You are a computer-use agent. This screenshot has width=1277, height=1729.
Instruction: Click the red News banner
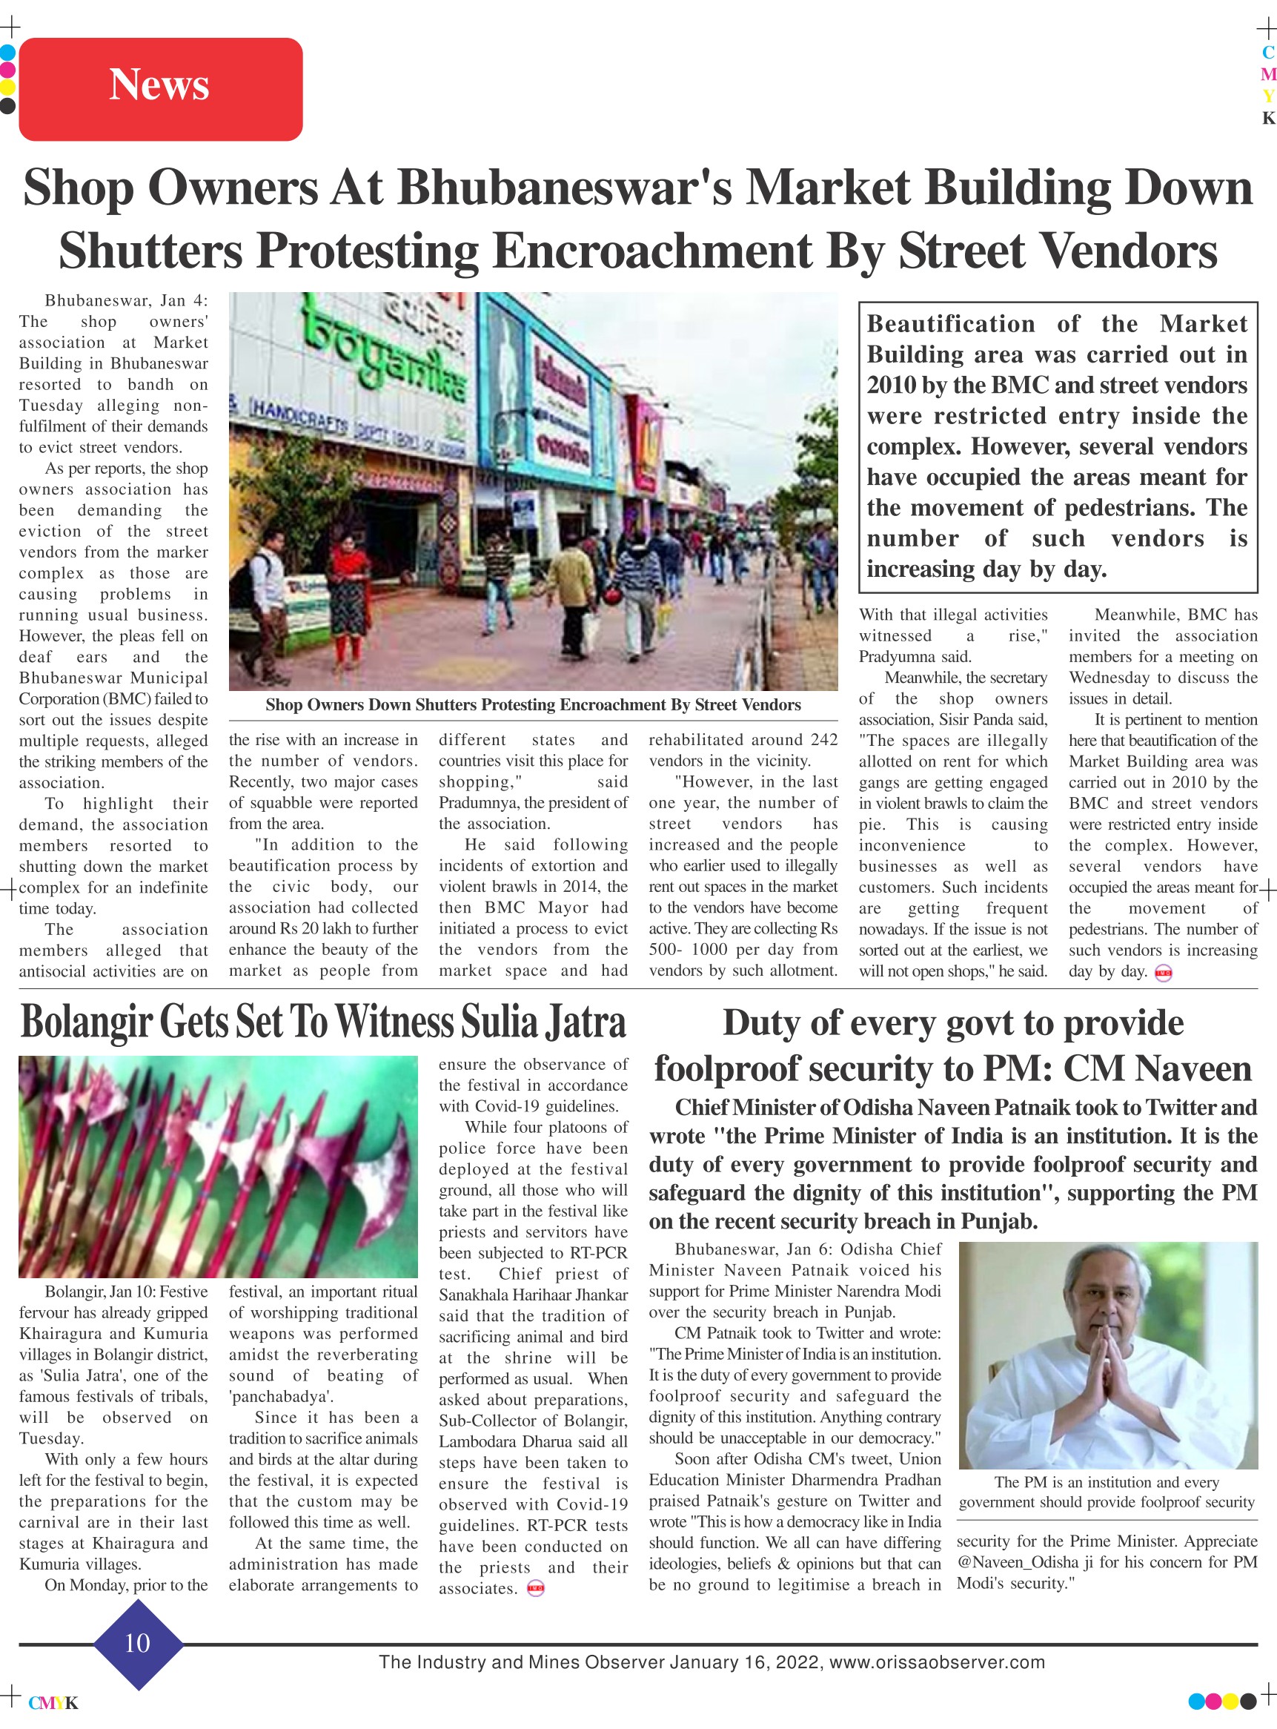160,88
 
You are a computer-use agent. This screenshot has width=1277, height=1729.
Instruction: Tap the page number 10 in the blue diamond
137,1643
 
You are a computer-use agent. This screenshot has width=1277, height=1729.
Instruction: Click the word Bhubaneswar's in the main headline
565,188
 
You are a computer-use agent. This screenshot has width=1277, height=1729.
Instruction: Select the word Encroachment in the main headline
651,251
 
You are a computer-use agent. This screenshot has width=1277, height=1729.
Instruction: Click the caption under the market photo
533,704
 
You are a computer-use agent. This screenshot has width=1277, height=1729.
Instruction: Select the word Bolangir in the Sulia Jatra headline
86,1022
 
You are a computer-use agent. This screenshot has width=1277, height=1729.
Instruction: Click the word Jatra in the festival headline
586,1022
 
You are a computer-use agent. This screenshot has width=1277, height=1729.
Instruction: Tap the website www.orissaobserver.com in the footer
937,1662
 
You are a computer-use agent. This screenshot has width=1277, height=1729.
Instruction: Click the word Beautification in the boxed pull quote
951,324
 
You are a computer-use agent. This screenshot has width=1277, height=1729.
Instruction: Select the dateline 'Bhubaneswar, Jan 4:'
126,301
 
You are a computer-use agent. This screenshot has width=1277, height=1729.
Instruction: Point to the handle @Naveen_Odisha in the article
1018,1562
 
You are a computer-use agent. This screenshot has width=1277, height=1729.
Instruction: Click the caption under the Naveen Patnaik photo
1107,1492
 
